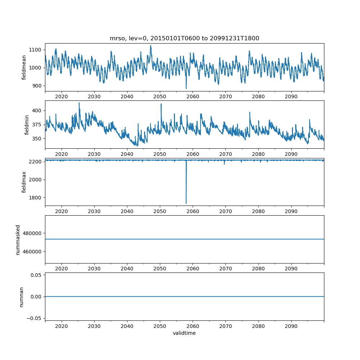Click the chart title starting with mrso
(184, 39)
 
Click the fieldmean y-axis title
(24, 68)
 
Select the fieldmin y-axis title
(27, 125)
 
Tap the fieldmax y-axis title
(24, 182)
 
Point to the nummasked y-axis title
(18, 239)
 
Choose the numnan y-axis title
(21, 297)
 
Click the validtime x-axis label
(184, 333)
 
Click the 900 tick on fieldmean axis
(38, 86)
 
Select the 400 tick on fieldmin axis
(38, 111)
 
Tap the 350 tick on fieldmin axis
(38, 139)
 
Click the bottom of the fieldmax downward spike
(186, 203)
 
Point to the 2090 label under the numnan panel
(291, 326)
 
